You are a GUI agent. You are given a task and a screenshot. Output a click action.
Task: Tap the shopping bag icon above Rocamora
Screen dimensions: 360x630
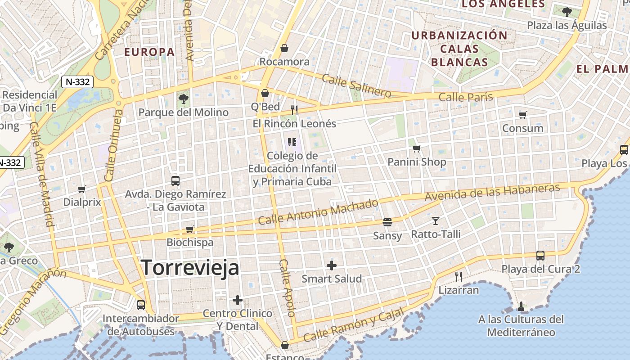click(x=284, y=48)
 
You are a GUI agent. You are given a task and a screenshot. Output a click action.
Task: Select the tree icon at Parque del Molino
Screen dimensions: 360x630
click(x=183, y=99)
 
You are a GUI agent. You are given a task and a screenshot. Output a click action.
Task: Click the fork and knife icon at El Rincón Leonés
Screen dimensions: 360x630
click(x=294, y=110)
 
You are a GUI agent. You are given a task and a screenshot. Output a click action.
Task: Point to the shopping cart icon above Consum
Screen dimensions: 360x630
click(x=522, y=115)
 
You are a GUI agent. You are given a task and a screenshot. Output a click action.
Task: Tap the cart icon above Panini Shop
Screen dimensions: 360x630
click(x=417, y=148)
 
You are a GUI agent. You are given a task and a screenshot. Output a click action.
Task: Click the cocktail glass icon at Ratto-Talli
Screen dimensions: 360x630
click(x=436, y=220)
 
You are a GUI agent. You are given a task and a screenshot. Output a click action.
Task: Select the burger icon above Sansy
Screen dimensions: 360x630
click(x=387, y=222)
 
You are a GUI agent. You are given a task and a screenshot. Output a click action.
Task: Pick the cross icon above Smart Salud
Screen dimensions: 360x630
click(x=332, y=265)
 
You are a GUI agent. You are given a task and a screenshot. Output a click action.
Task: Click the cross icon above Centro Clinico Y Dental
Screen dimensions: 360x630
click(x=238, y=300)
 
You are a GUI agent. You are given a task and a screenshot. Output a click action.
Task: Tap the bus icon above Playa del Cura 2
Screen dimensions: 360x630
click(x=540, y=256)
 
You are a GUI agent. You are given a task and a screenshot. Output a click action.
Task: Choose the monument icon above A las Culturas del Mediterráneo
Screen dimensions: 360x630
click(x=521, y=306)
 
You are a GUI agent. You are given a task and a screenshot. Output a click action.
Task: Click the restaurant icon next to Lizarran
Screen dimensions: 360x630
click(x=459, y=276)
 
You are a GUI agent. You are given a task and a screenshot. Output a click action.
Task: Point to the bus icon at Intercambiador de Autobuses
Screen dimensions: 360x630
click(x=141, y=305)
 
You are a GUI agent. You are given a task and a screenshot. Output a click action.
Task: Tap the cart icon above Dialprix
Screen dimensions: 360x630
click(x=81, y=189)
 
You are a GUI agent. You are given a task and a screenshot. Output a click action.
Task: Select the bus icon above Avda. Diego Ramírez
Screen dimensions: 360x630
click(x=175, y=181)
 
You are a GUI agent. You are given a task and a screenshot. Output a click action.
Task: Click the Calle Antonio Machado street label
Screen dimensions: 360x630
click(x=318, y=211)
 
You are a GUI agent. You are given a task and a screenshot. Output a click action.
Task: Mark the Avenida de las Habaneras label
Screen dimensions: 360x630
click(x=492, y=192)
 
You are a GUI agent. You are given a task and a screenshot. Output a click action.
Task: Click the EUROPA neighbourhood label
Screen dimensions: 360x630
click(x=149, y=52)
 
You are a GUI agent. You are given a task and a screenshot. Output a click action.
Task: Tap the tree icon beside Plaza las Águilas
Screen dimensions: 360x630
click(x=567, y=12)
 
